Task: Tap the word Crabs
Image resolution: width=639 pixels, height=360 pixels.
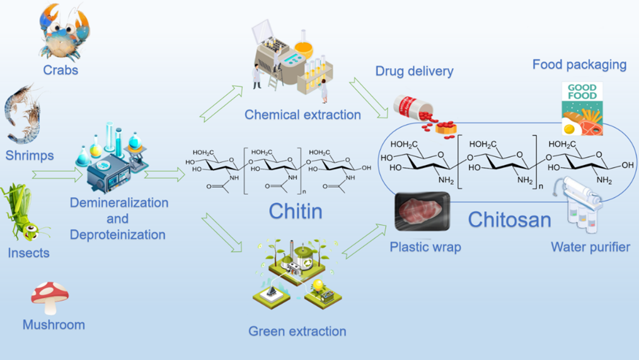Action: (x=60, y=70)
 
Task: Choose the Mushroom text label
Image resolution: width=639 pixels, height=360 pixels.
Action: (x=54, y=325)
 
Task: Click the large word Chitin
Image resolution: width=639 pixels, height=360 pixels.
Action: (x=296, y=211)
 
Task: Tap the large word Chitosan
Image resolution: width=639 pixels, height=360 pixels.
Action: (x=509, y=219)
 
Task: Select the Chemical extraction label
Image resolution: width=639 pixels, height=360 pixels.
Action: (x=302, y=115)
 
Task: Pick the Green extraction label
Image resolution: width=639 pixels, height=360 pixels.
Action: (x=297, y=331)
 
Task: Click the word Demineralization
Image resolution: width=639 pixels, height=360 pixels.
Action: (x=119, y=203)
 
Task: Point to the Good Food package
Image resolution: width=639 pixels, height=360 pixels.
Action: (x=582, y=108)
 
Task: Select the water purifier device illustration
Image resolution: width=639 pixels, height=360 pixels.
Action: (x=581, y=205)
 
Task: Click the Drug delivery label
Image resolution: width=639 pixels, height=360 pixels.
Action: (x=414, y=71)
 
